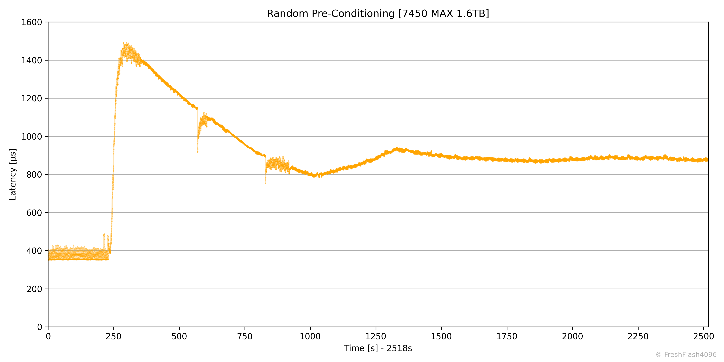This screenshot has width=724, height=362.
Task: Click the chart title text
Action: tap(378, 13)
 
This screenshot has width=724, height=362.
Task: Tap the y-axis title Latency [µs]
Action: tap(13, 174)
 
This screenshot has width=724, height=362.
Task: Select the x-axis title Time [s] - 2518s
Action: tap(378, 348)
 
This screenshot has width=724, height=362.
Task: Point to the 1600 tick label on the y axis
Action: tap(32, 22)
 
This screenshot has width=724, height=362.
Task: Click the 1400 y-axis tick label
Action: tap(32, 60)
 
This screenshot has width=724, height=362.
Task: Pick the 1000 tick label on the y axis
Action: tap(32, 137)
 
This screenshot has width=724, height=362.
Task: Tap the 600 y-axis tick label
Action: tap(34, 213)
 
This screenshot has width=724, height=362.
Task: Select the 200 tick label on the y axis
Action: tap(34, 289)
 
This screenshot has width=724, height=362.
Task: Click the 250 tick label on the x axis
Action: tap(114, 336)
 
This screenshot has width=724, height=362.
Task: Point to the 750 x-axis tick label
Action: tap(245, 336)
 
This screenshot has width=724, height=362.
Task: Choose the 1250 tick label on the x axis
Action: tap(376, 336)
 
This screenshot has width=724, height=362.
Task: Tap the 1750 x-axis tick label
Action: tap(507, 336)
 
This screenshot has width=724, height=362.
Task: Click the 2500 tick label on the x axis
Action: tap(703, 336)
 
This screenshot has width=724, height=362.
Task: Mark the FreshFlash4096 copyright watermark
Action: tap(686, 355)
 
